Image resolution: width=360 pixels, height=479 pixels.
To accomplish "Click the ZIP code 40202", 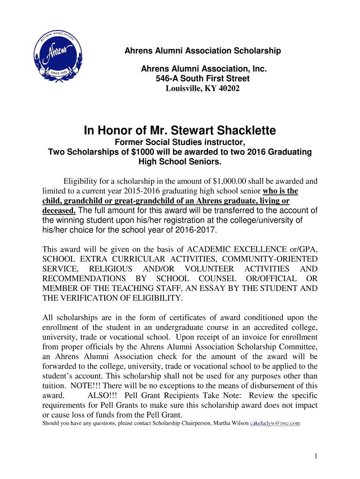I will (229, 88).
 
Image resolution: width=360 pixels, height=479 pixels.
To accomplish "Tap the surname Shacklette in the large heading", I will (238, 130).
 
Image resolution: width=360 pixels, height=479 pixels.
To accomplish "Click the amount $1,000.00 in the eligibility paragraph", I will (231, 181).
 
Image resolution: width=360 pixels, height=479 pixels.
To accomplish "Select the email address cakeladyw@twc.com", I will (275, 423).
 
